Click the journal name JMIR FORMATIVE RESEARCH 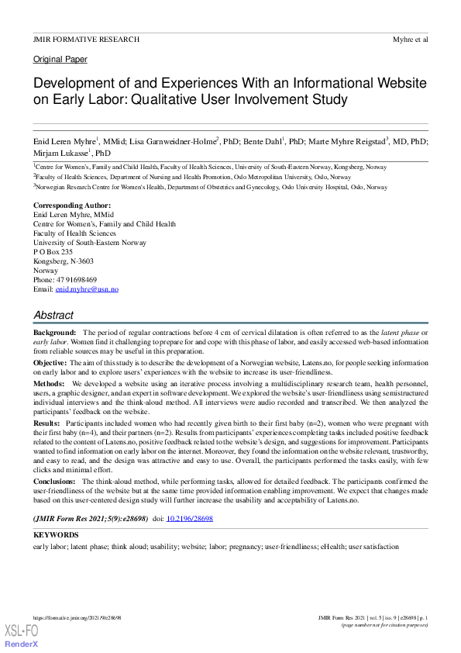pos(86,39)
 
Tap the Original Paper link pos(60,59)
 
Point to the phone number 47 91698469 pos(76,279)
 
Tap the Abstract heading pos(53,315)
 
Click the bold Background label pos(54,332)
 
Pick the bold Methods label pos(49,383)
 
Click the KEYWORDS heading pos(57,535)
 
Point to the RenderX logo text pos(21,644)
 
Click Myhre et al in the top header pos(411,39)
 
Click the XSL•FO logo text pos(21,630)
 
